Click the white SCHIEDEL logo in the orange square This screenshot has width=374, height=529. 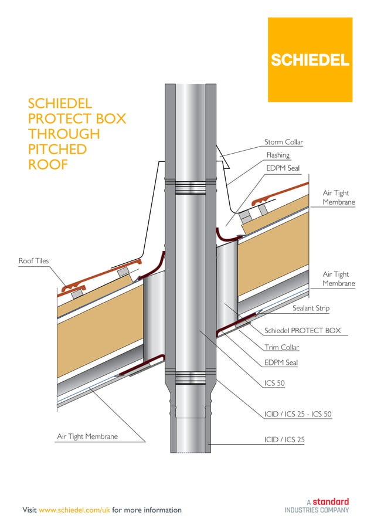pos(310,60)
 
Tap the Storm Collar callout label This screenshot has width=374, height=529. pos(284,142)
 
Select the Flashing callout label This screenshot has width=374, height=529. pos(278,155)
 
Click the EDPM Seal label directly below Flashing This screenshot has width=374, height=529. pos(283,168)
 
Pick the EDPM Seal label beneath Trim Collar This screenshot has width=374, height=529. pos(281,362)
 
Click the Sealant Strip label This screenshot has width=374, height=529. pos(311,308)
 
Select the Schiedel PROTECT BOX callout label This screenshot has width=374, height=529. pos(302,331)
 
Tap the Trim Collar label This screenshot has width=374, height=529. pos(281,347)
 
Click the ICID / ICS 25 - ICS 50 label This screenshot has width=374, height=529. pos(298,414)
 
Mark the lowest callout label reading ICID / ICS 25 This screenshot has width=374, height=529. pos(284,439)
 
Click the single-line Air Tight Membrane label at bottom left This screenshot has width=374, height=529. pos(87,436)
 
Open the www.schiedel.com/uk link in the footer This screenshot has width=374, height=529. pos(74,510)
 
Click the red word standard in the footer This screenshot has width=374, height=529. pos(330,501)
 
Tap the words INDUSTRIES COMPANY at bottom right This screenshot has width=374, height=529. pos(317,510)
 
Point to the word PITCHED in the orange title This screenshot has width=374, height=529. pos(57,150)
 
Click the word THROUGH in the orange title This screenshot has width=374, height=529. pos(64,134)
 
